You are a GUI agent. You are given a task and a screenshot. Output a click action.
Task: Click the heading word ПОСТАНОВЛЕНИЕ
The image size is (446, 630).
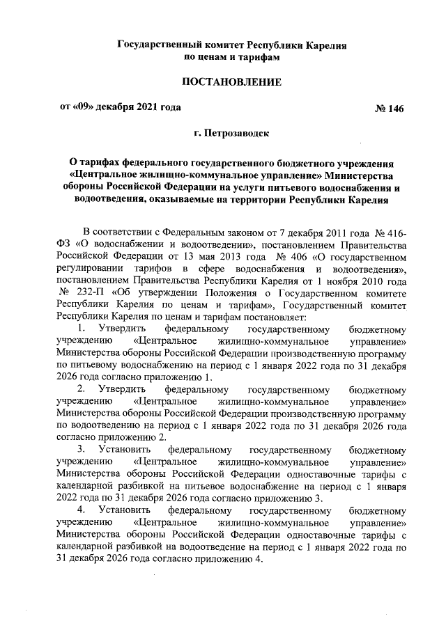click(x=231, y=82)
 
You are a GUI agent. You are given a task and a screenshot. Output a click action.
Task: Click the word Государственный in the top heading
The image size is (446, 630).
click(x=160, y=45)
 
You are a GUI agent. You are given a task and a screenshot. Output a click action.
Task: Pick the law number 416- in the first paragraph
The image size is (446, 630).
click(x=392, y=230)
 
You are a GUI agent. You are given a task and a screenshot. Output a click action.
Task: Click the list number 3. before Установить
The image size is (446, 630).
click(x=82, y=449)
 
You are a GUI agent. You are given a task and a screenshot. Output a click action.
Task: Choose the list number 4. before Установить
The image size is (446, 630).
click(x=82, y=510)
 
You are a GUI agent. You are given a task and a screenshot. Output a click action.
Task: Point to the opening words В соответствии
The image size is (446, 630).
click(x=116, y=230)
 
